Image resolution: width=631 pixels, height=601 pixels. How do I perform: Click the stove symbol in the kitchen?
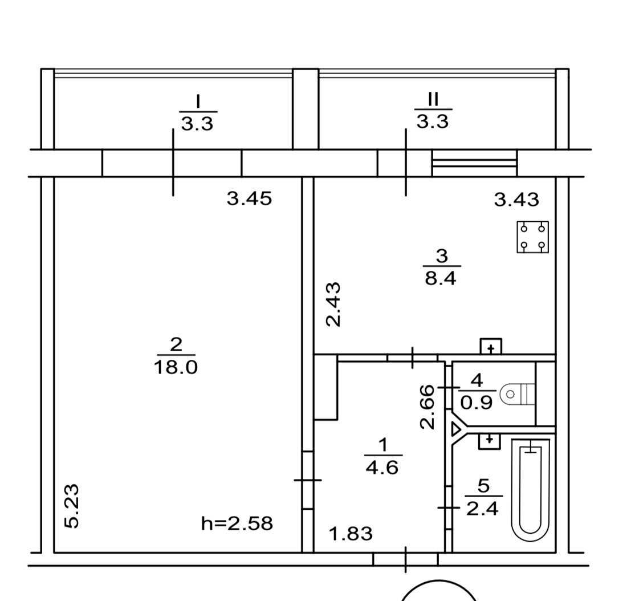tap(532, 237)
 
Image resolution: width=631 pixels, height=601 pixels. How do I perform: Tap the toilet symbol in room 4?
tap(517, 394)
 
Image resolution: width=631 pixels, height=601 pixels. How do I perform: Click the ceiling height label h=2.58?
tap(237, 523)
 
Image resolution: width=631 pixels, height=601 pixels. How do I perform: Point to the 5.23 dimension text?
tap(72, 506)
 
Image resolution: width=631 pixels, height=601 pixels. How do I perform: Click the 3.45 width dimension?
tap(250, 198)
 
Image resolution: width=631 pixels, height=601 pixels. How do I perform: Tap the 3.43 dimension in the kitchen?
tap(516, 200)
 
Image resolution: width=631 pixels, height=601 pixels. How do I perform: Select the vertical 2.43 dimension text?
tap(333, 304)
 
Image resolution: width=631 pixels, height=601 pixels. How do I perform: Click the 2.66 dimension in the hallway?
tap(428, 407)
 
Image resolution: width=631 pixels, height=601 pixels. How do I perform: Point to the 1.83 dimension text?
tap(351, 534)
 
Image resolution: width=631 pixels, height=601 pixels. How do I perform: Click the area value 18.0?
tap(176, 367)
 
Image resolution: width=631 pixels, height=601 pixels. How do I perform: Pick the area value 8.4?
tap(441, 278)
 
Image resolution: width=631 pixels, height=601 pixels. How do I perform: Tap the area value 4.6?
tap(382, 468)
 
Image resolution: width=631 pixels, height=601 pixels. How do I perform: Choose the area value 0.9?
tap(477, 403)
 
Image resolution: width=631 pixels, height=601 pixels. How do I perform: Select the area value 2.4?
tap(482, 509)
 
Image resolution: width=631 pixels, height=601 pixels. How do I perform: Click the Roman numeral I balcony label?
tap(198, 101)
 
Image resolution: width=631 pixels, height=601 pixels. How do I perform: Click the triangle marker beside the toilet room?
tap(456, 429)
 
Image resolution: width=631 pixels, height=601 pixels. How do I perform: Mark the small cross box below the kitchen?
tap(491, 347)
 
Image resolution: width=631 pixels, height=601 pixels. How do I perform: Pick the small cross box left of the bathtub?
tap(489, 441)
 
